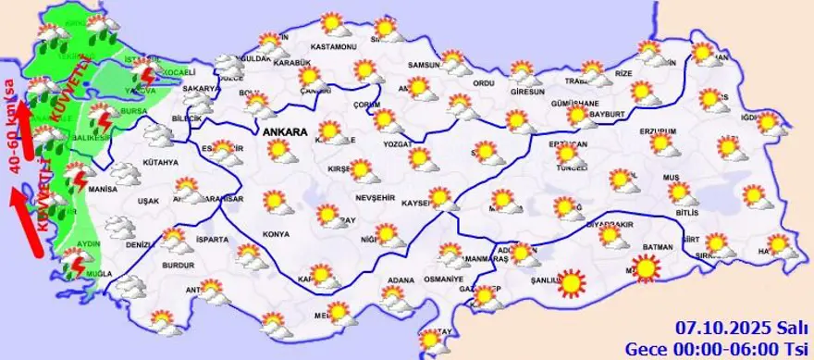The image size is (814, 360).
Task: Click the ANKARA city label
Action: click(x=285, y=133)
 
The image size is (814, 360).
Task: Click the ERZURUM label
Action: click(x=659, y=131)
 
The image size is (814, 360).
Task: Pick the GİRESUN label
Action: click(x=528, y=92)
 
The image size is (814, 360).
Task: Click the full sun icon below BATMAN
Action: click(x=646, y=269)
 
